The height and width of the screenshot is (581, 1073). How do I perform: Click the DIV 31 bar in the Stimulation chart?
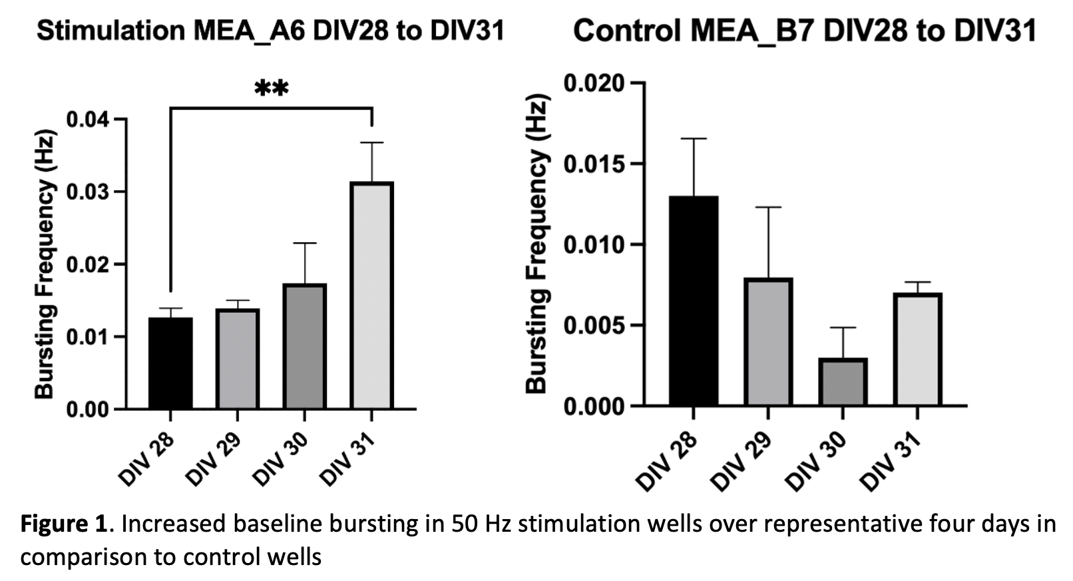tap(371, 295)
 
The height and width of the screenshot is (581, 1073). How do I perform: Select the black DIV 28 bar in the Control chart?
tap(694, 301)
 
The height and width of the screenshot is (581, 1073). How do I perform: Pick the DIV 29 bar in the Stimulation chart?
tap(238, 359)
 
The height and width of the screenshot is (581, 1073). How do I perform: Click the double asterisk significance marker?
tap(271, 88)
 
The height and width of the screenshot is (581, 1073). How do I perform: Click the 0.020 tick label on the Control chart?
tap(594, 83)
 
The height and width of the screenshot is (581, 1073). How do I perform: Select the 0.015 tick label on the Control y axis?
tap(594, 164)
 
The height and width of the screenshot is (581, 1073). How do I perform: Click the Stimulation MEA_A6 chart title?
tap(270, 31)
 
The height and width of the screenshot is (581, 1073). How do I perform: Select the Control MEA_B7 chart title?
tap(804, 31)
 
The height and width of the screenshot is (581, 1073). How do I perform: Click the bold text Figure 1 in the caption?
tap(63, 524)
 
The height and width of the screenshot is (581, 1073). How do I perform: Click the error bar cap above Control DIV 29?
tap(768, 208)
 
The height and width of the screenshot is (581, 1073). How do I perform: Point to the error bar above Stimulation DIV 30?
tap(305, 262)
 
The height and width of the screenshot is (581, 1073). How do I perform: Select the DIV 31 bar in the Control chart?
tap(917, 349)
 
